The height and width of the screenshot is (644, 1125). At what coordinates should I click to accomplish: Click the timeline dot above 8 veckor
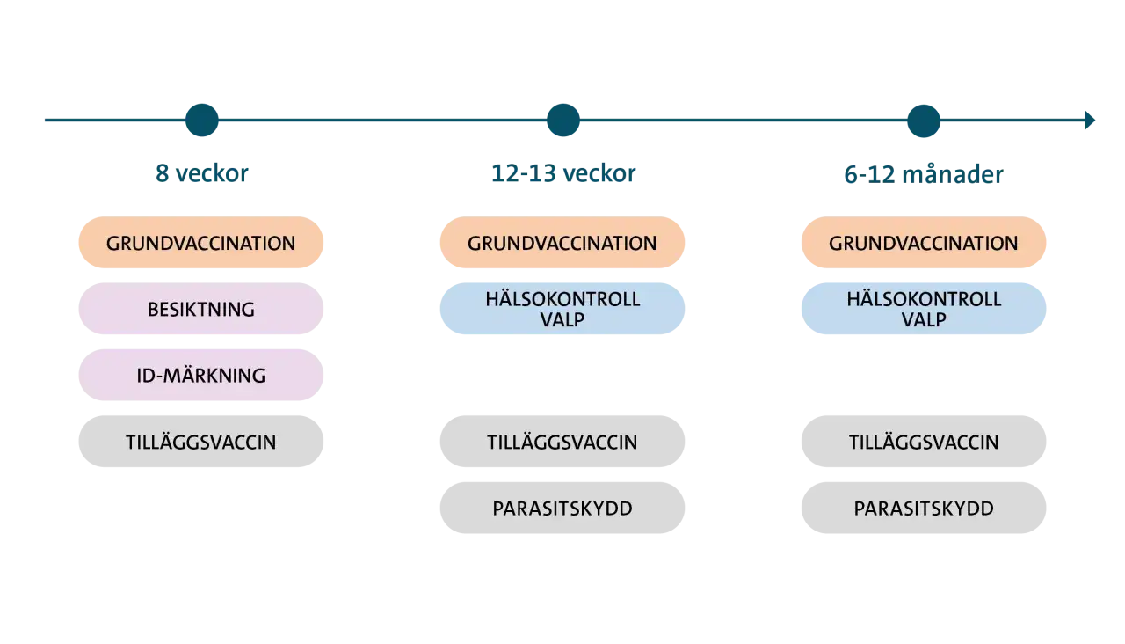pyautogui.click(x=202, y=121)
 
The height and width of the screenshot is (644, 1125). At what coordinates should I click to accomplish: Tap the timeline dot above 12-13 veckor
pyautogui.click(x=563, y=121)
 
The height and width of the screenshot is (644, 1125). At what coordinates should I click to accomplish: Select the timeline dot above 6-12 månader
pyautogui.click(x=924, y=121)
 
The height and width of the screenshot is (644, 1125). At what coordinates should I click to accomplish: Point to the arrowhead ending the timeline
pyautogui.click(x=1090, y=121)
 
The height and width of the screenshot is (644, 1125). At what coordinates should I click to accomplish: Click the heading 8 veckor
pyautogui.click(x=202, y=173)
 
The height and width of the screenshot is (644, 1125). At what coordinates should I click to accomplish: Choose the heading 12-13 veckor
pyautogui.click(x=563, y=173)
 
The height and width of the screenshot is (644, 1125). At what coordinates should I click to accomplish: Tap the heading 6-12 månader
pyautogui.click(x=924, y=174)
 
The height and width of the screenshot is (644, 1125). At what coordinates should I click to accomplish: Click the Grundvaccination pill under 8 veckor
pyautogui.click(x=201, y=242)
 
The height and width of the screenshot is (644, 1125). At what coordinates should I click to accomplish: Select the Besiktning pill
pyautogui.click(x=201, y=309)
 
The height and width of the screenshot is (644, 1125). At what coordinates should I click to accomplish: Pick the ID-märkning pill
pyautogui.click(x=201, y=375)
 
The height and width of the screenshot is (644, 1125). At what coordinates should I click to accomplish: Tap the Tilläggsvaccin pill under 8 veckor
pyautogui.click(x=201, y=442)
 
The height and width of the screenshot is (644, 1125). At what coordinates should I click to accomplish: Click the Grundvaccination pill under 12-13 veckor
pyautogui.click(x=562, y=242)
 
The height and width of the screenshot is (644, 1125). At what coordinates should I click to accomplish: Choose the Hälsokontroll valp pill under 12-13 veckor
pyautogui.click(x=562, y=309)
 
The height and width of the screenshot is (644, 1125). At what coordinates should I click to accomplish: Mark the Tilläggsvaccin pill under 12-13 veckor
pyautogui.click(x=562, y=442)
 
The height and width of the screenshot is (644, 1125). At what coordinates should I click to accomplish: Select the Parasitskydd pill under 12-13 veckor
pyautogui.click(x=562, y=508)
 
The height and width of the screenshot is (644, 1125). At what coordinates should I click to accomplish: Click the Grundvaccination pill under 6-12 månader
pyautogui.click(x=924, y=242)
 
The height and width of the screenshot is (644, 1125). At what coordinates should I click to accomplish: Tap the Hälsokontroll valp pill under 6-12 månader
pyautogui.click(x=924, y=309)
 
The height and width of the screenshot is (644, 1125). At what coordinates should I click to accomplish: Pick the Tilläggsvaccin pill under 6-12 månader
pyautogui.click(x=924, y=442)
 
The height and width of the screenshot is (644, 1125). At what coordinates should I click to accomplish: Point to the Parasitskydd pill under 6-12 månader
pyautogui.click(x=924, y=508)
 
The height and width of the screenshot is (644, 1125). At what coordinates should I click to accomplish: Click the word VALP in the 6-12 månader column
pyautogui.click(x=924, y=319)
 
